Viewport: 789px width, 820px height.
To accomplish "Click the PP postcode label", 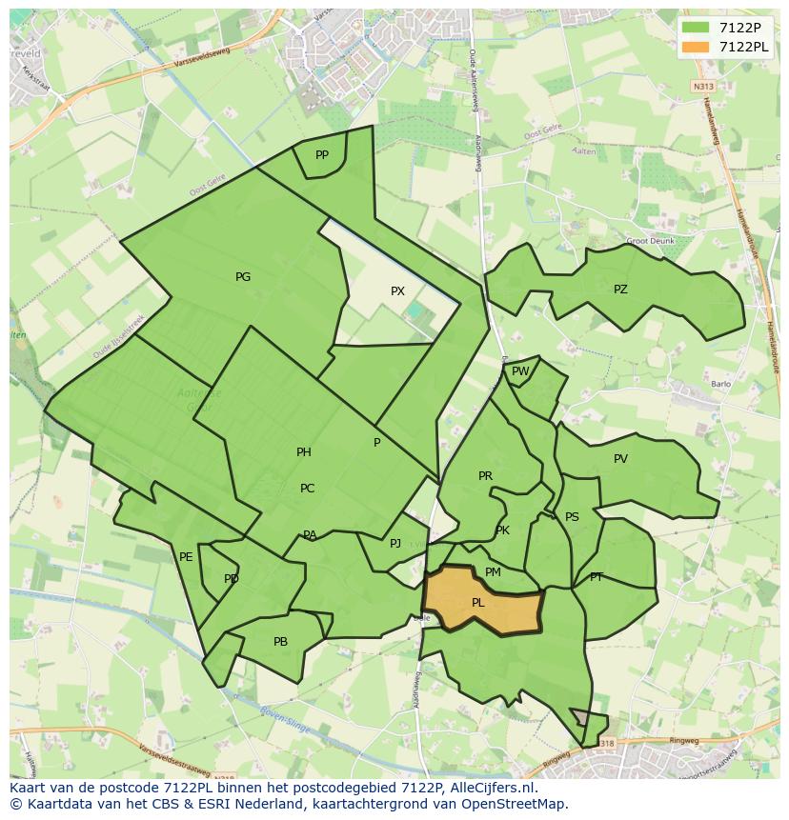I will (x=322, y=155).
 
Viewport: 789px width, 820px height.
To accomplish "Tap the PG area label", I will (x=243, y=277).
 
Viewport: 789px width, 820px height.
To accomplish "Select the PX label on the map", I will (x=397, y=291).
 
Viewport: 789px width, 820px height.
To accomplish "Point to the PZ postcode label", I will (x=620, y=290).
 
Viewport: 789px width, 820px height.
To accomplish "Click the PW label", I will (x=520, y=371).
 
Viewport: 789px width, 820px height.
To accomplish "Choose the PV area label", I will (x=620, y=459).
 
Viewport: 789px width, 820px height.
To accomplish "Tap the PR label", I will (x=485, y=476).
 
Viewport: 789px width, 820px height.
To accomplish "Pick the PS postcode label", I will (x=572, y=517).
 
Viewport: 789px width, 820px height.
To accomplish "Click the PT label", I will (x=597, y=577).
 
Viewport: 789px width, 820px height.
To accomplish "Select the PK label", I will (x=502, y=530).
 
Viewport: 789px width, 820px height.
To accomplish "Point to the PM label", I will (x=493, y=572).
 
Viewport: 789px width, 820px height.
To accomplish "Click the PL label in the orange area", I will (x=478, y=602).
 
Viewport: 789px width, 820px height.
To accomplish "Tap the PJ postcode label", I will (x=395, y=544).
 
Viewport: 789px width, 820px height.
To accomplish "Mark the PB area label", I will (x=280, y=642).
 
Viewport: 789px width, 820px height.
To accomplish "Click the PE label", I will (x=186, y=557).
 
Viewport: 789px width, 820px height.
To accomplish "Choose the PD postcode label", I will (x=232, y=579).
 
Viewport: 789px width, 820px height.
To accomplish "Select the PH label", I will (x=304, y=452).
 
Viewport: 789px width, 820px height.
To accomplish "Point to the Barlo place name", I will (x=720, y=385).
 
